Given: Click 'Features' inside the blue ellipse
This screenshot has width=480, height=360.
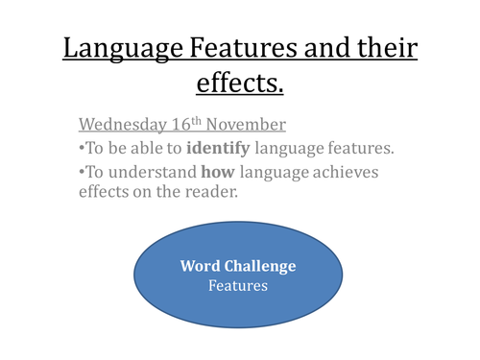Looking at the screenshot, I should coord(239,285).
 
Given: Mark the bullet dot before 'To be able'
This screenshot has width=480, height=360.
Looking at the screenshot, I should coord(81,148).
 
